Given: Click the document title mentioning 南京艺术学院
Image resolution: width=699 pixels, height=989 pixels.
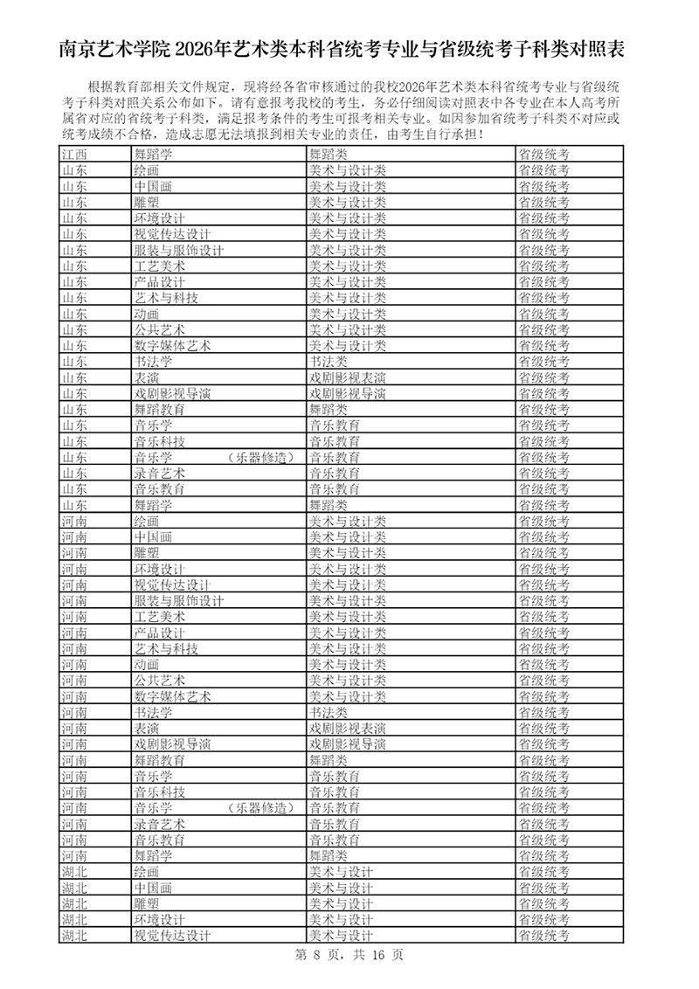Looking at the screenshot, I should tap(349, 48).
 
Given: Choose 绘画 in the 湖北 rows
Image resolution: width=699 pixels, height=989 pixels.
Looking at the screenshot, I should tap(146, 872).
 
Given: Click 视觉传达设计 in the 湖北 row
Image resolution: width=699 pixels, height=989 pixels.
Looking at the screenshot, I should tap(172, 936).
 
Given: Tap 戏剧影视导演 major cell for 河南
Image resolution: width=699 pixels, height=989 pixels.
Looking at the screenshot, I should tap(172, 744).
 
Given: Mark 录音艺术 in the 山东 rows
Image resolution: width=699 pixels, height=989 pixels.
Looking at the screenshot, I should tap(159, 473).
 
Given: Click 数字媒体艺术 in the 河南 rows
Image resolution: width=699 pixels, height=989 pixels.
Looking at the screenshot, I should tap(172, 696).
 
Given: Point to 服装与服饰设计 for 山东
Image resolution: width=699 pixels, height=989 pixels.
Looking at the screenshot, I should tap(178, 250).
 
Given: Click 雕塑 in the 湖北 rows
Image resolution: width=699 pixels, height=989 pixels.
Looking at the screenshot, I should tap(146, 903).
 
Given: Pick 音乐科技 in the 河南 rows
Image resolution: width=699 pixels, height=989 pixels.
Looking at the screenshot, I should tap(159, 792).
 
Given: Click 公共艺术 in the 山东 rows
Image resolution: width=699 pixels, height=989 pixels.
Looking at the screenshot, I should tap(159, 329).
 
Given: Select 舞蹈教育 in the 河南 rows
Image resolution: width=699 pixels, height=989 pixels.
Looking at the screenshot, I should tap(159, 760).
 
